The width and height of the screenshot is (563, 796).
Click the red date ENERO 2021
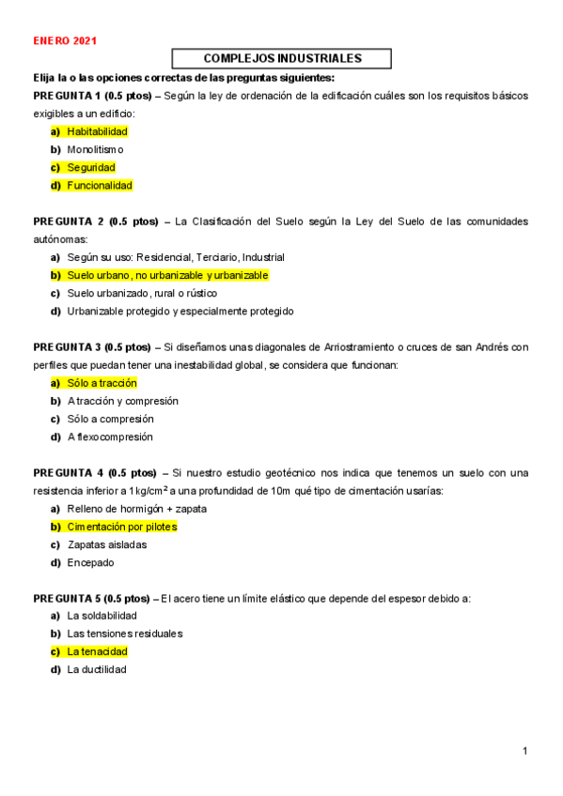coord(65,41)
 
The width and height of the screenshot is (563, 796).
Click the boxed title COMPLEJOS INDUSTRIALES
coord(282,58)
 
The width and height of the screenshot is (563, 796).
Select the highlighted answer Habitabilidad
coord(97,131)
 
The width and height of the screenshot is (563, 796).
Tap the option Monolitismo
coord(95,149)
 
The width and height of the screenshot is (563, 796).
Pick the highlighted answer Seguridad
coord(90,167)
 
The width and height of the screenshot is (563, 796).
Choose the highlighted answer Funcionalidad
coord(100,185)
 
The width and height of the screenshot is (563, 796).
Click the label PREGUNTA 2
coord(68,222)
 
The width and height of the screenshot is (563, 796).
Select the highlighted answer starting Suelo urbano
coord(167,275)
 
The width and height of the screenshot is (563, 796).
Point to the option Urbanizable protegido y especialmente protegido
coord(180,311)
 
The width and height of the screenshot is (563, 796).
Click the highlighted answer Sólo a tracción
coord(102,383)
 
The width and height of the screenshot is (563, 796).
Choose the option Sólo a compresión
coord(110,419)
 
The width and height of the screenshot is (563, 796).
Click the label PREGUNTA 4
coord(68,472)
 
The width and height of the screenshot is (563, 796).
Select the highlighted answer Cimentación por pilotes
coord(121,527)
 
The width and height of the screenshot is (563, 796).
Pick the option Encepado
coord(90,562)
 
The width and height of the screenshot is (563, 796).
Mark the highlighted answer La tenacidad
coord(97,651)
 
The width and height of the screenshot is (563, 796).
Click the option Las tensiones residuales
coord(124,634)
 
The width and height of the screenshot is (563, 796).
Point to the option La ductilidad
coord(96,669)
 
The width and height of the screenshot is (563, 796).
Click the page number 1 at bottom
coord(525,751)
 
